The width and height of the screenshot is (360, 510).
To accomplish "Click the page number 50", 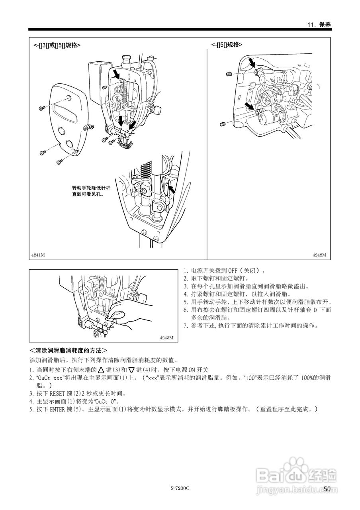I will pos(327,489).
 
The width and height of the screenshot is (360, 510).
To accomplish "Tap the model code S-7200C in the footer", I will pos(180,488).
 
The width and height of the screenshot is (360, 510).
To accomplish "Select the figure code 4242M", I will pos(319,255).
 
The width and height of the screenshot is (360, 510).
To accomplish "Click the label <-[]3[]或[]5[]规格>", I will pos(57,45).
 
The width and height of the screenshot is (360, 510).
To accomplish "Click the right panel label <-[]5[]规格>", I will pos(227,45).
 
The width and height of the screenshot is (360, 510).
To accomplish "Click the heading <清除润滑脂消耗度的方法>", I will pos(68,351).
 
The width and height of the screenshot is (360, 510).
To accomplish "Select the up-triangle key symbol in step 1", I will pos(101,370).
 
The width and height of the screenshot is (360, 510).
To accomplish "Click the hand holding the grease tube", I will pos(127,315).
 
